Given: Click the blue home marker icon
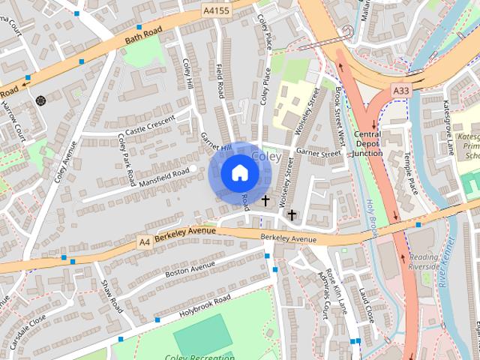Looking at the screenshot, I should [x=239, y=173].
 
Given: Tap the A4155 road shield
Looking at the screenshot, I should [x=216, y=12].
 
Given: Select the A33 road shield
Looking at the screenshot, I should [x=401, y=91].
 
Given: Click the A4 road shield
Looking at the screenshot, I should [x=145, y=241].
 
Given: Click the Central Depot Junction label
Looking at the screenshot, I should [x=367, y=144].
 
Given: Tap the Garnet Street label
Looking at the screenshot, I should [x=318, y=152].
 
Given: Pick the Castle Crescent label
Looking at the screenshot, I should [x=149, y=125].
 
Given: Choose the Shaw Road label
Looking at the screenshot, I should [x=112, y=296].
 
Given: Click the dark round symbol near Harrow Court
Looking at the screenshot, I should [x=40, y=100].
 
